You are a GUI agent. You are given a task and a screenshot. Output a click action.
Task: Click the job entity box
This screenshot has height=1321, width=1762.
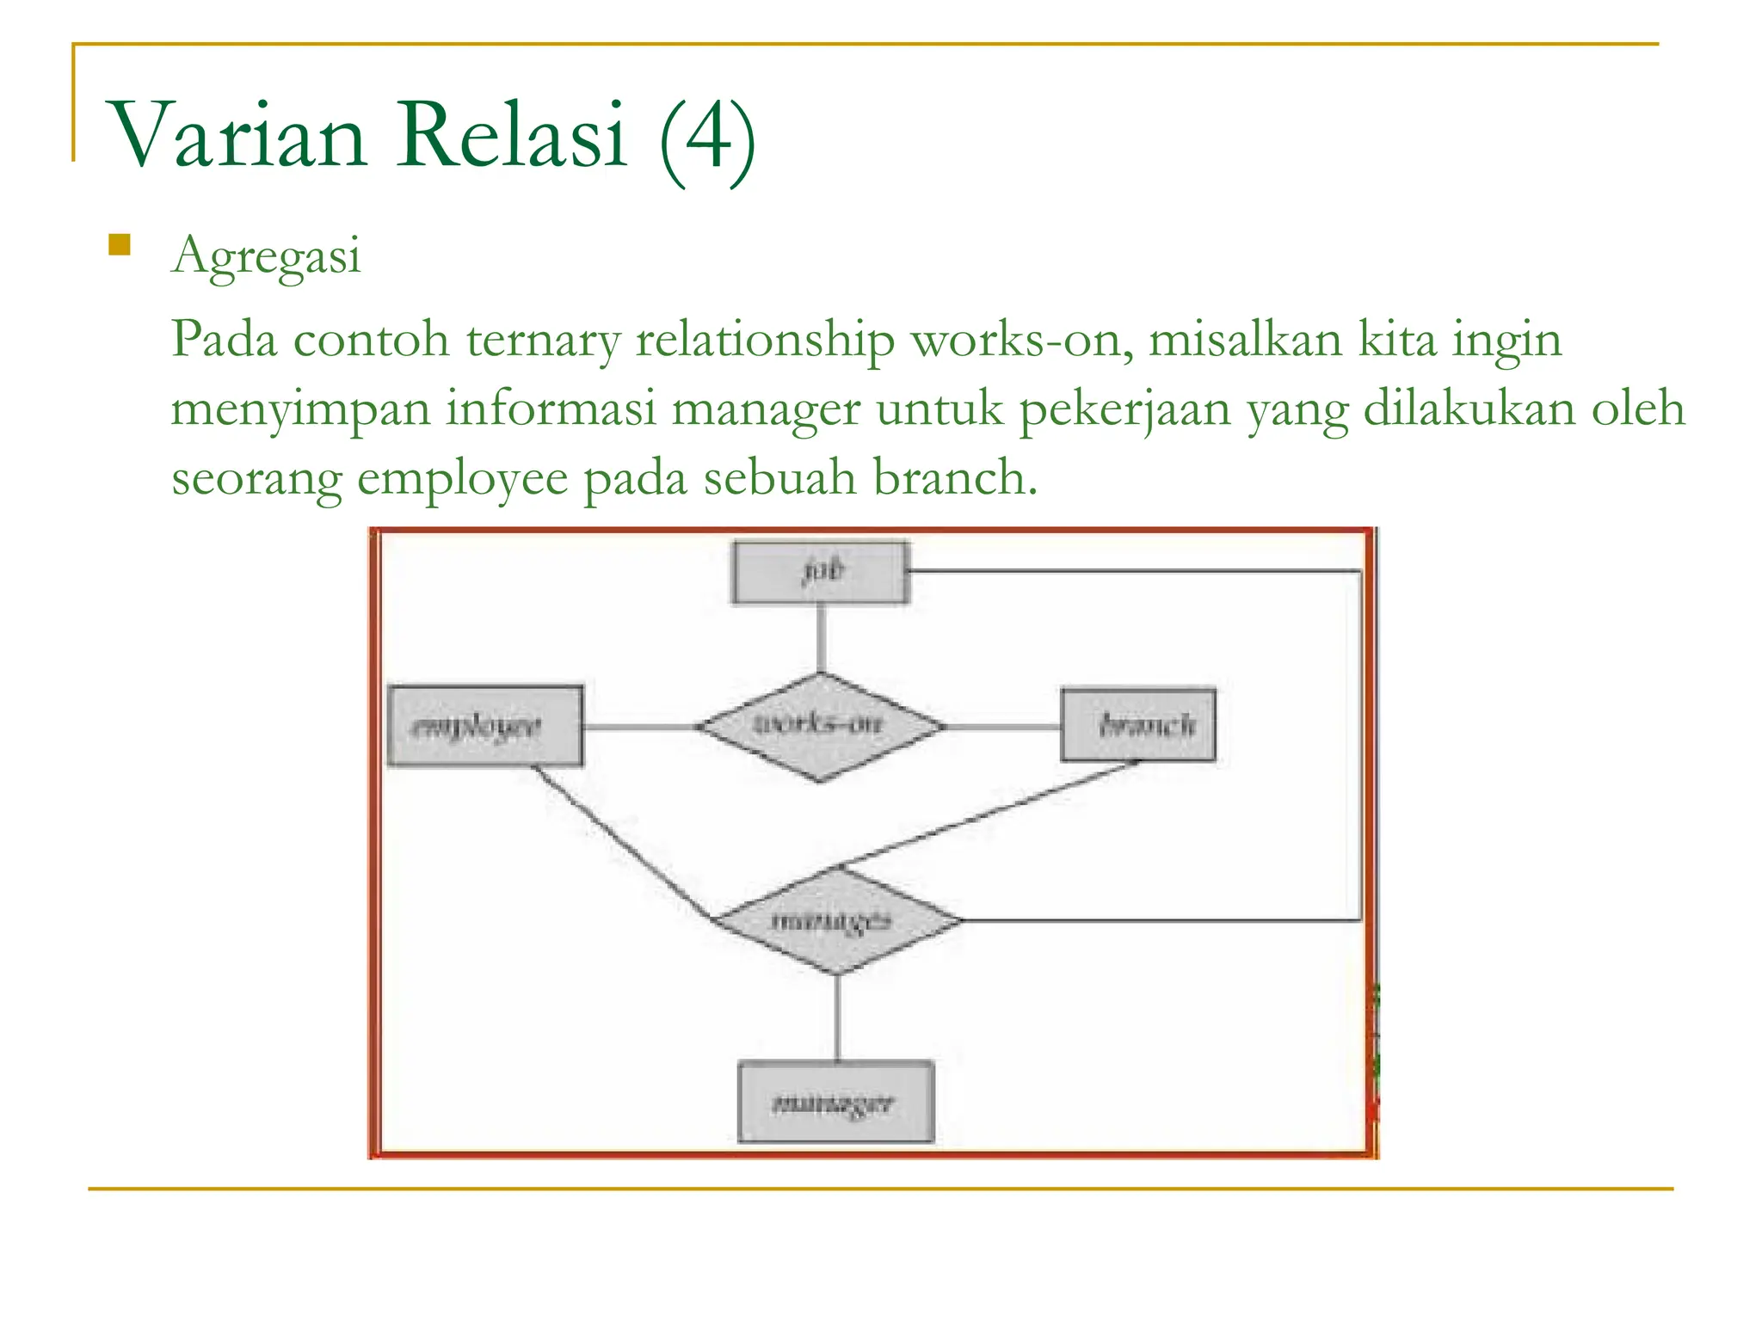coord(820,572)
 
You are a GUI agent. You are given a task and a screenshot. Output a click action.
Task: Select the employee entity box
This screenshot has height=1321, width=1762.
coord(485,726)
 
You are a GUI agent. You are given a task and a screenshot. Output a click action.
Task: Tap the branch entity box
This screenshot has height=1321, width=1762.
coord(1138,725)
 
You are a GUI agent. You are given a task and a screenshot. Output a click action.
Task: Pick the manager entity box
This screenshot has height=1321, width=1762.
coord(835,1102)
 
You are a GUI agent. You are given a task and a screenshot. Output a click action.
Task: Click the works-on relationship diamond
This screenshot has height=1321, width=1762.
coord(820,727)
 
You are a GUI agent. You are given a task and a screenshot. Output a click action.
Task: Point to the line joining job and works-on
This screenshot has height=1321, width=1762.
coord(821,638)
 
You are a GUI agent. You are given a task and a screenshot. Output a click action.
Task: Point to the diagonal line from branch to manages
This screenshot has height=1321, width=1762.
coord(989,814)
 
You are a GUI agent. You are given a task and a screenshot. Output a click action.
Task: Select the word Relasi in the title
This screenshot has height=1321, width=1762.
coord(511,136)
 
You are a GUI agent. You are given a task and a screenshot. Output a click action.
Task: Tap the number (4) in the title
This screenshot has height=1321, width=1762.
coord(708,138)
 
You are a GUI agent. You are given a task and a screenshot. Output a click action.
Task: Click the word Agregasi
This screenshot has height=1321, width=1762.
coord(266,256)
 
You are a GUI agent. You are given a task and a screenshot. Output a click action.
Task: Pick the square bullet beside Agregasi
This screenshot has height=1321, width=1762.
coord(120,246)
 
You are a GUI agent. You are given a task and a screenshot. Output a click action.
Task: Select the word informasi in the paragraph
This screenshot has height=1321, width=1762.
coord(551,409)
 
